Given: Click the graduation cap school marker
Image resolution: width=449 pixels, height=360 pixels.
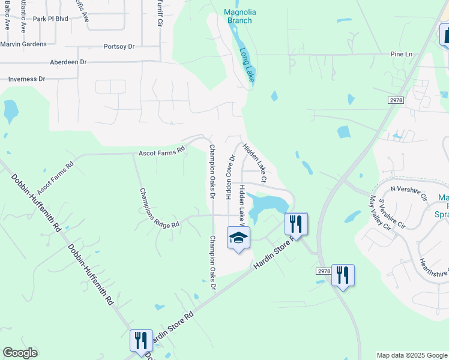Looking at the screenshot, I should tap(238, 238).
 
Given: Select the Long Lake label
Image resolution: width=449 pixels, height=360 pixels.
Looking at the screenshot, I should tap(246, 65).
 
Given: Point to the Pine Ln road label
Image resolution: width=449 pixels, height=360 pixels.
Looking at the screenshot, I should tap(402, 54).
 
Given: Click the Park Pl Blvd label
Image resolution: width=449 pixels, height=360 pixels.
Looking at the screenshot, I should tap(50, 19).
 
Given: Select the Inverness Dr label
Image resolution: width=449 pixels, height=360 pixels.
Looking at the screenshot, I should tap(27, 79).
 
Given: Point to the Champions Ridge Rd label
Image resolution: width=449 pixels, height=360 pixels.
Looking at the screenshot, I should tap(159, 208).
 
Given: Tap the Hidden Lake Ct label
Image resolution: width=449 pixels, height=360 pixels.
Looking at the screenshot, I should tap(255, 163).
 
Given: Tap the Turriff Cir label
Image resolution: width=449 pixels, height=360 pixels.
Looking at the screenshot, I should tap(160, 13).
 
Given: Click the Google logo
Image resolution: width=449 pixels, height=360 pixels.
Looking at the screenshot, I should tap(20, 353).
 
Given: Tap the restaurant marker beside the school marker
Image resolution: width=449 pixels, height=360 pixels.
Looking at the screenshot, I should tap(296, 224).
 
